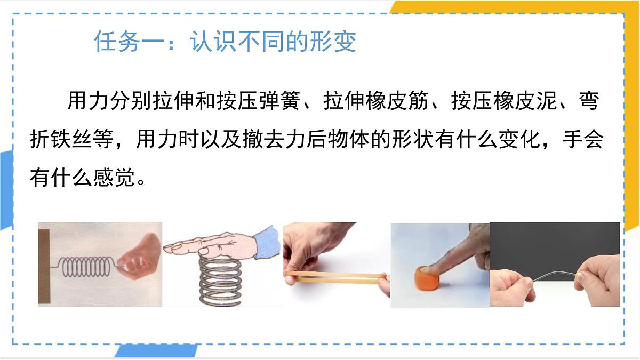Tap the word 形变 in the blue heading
click(x=333, y=42)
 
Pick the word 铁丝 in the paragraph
click(x=61, y=139)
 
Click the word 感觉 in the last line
click(x=114, y=178)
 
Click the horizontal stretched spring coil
click(x=86, y=267)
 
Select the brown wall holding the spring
click(x=44, y=266)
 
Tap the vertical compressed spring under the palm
click(x=220, y=281)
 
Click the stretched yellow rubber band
click(x=336, y=277)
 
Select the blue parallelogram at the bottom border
click(x=156, y=351)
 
